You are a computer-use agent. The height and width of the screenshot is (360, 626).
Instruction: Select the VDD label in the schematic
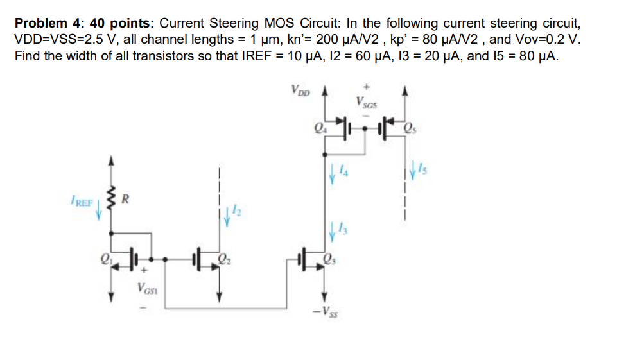[x=300, y=89]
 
